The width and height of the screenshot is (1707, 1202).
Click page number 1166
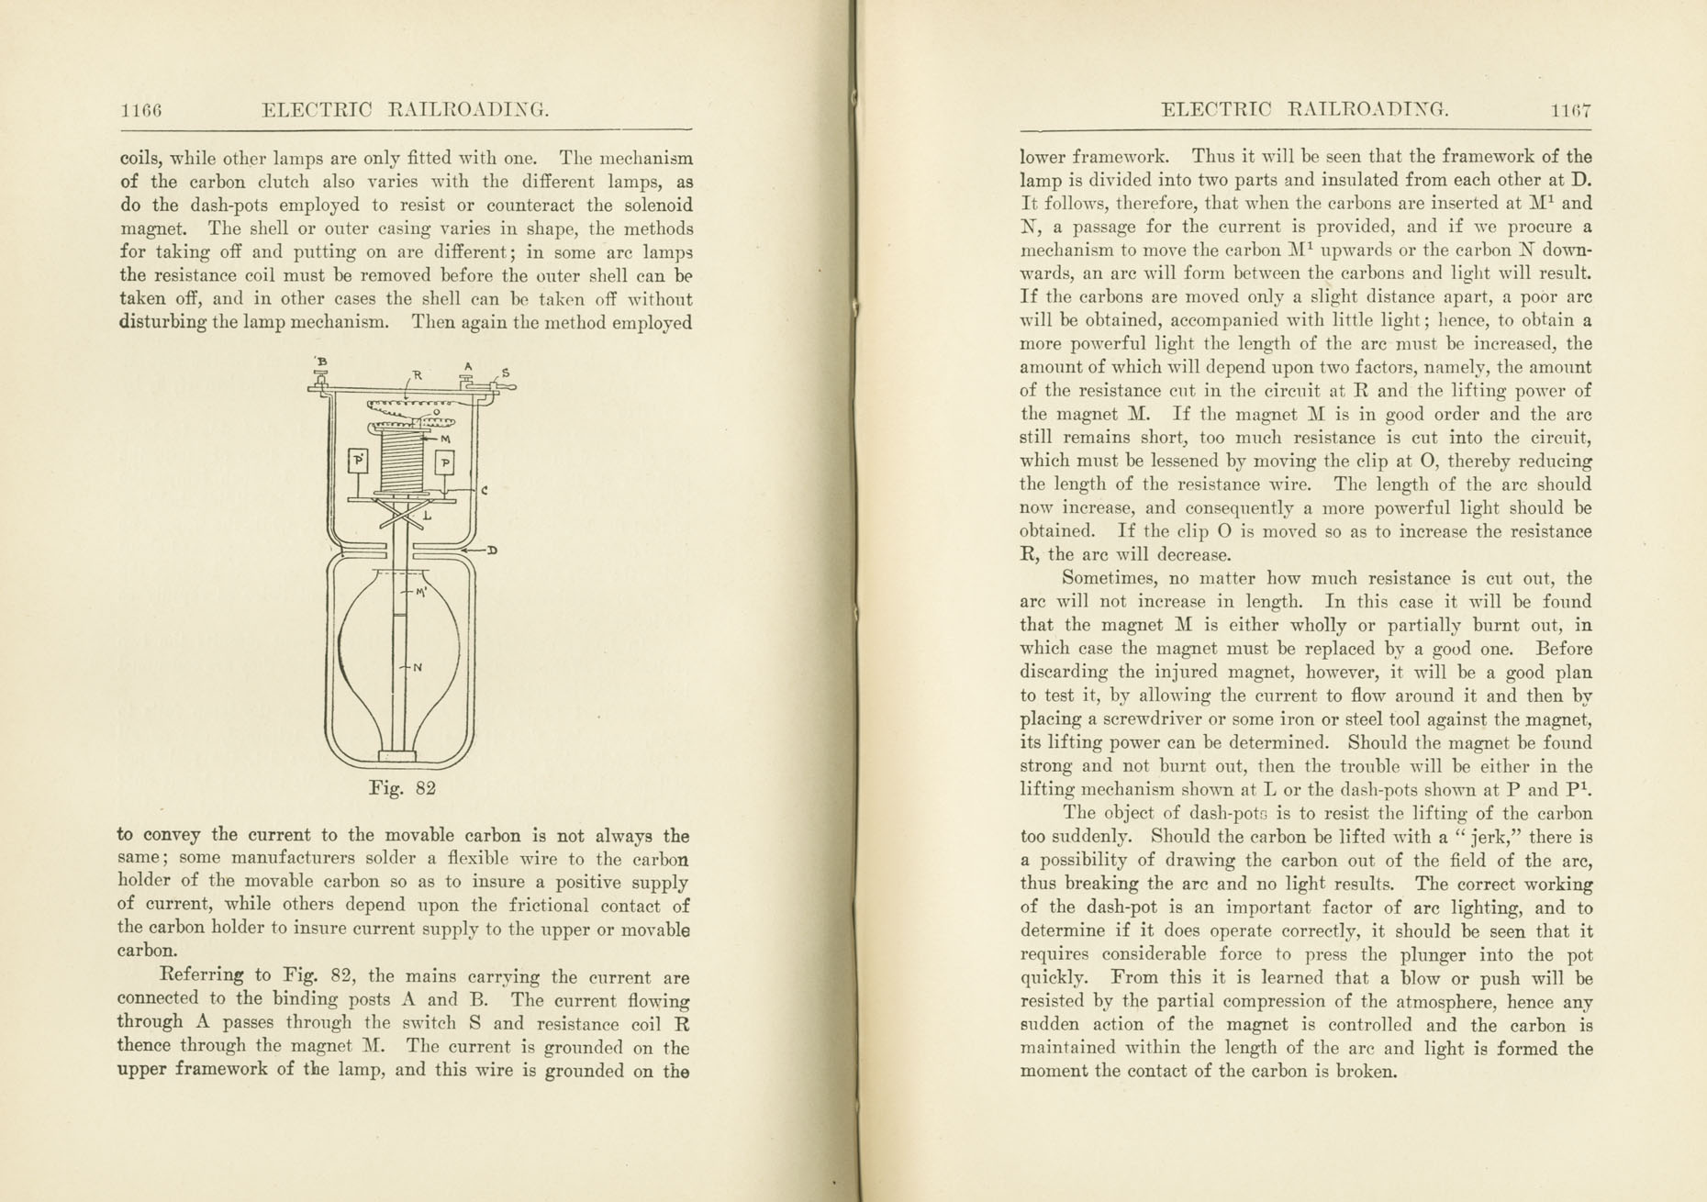point(141,111)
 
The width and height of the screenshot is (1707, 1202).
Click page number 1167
point(1570,111)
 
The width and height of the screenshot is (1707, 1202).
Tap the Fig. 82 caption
point(402,788)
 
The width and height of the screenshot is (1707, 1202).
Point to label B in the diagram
point(322,362)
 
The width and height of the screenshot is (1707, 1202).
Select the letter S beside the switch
point(506,373)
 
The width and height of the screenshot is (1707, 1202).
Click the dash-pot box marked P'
point(358,460)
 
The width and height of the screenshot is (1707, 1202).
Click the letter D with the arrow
point(492,551)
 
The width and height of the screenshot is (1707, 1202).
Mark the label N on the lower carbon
point(418,667)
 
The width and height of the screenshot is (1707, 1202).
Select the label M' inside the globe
point(421,592)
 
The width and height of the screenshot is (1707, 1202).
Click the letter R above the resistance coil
point(417,374)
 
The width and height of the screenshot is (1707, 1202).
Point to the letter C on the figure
point(484,490)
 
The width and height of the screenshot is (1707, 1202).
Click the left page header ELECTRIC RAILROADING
point(405,111)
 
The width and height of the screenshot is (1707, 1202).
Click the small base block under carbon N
point(398,756)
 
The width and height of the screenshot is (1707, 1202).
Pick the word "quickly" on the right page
point(1054,978)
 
